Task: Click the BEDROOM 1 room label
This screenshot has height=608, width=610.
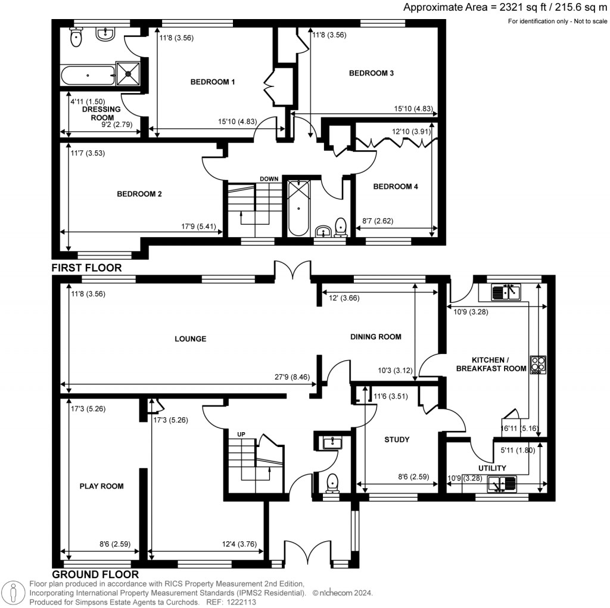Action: click(x=212, y=82)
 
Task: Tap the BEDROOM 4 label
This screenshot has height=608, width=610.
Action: click(x=396, y=187)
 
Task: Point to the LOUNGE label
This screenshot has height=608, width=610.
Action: click(x=190, y=339)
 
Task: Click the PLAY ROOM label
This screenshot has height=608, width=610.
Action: click(x=102, y=486)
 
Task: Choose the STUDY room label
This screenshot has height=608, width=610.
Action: click(x=396, y=440)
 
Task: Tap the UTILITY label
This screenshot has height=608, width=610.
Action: click(x=492, y=468)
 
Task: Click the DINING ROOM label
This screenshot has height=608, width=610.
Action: click(x=375, y=337)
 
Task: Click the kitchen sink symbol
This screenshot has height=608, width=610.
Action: click(x=506, y=292)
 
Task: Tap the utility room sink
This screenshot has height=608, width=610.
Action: click(x=501, y=485)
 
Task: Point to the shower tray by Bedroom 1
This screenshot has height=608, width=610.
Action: click(x=128, y=75)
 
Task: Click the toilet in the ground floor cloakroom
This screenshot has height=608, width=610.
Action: click(x=332, y=482)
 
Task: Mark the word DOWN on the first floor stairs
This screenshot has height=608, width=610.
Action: click(x=269, y=178)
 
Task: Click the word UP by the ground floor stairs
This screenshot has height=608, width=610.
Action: click(x=241, y=434)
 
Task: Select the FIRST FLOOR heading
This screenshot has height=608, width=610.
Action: click(x=86, y=268)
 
